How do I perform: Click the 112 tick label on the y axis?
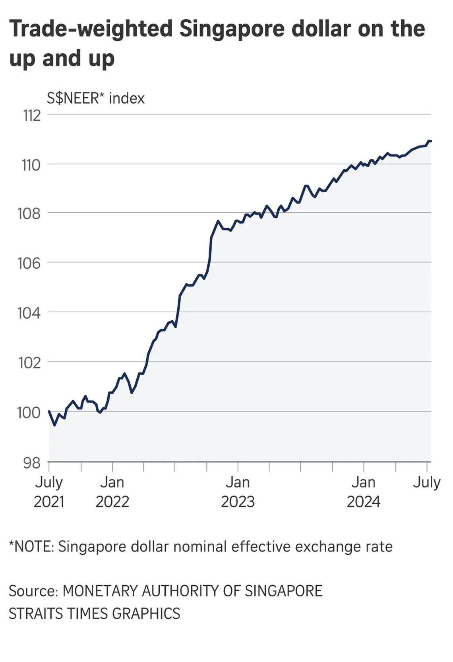coord(32,116)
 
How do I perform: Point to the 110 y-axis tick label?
coord(31,165)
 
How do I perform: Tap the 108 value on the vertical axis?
coord(29,214)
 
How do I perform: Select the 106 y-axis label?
coord(29,263)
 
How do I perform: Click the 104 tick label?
coord(29,313)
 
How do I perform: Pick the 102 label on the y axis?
coord(29,362)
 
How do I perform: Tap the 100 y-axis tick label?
coord(29,412)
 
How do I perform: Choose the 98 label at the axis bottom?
coord(31,463)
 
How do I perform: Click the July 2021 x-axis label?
coord(49,492)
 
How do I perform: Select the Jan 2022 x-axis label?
coord(112,492)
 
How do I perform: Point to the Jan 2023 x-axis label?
coord(238,492)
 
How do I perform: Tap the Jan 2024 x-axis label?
coord(363,492)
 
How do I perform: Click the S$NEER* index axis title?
coord(96,98)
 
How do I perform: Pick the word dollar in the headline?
coord(321,29)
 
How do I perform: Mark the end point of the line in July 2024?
coord(431,141)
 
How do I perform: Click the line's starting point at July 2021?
coord(49,411)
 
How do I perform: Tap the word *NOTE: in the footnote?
coord(31,547)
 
